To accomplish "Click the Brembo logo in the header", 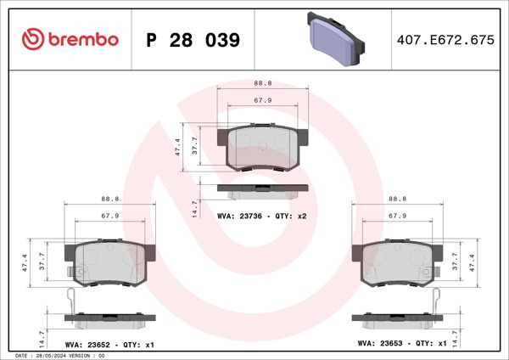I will click(70, 39).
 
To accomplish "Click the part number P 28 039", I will click(193, 40).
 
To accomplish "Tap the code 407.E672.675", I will click(445, 40).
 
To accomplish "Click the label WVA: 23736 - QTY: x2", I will click(261, 217).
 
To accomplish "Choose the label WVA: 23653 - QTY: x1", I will click(402, 345).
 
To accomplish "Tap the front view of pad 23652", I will click(110, 264).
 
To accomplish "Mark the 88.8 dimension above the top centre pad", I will click(262, 83).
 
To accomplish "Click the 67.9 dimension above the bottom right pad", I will click(397, 216).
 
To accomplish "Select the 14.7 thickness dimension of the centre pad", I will click(195, 207).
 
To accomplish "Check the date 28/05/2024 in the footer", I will click(57, 355).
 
